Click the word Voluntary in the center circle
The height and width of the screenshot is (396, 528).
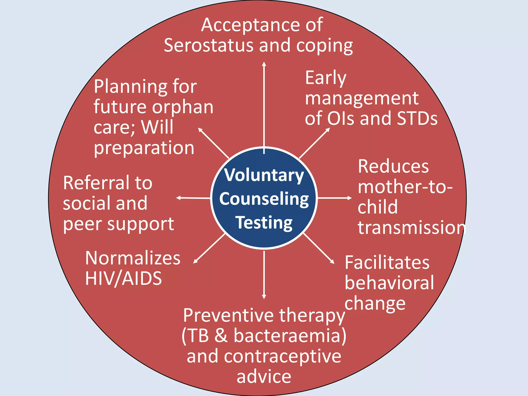click(264, 176)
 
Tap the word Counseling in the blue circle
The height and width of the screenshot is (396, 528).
click(264, 199)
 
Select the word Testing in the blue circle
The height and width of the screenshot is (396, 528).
click(264, 223)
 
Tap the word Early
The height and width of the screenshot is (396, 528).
click(325, 78)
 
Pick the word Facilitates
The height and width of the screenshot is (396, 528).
click(387, 263)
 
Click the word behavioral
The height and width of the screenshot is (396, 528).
click(389, 283)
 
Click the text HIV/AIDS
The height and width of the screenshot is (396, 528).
click(123, 278)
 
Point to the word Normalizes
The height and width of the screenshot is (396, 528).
click(133, 258)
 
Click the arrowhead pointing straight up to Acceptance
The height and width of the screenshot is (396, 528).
click(264, 64)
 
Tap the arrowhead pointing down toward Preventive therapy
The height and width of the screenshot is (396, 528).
click(264, 297)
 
